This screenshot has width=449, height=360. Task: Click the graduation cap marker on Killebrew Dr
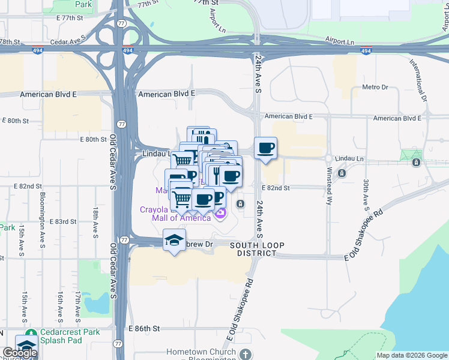(174, 241)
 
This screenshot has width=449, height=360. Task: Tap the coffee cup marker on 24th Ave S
(265, 148)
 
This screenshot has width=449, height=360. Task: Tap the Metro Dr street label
(375, 88)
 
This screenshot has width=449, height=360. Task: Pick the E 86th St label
(145, 329)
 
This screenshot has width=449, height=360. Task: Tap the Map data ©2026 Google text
(412, 355)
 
